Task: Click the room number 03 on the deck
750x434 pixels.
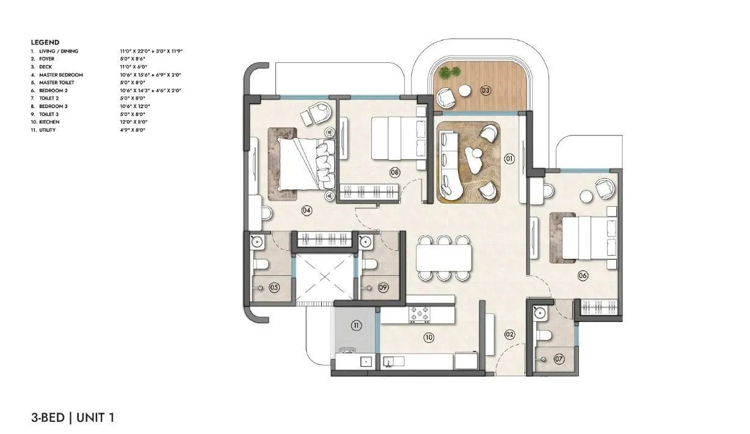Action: pos(486,91)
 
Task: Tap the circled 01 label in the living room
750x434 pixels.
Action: pos(509,159)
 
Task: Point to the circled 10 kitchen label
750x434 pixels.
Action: pos(428,336)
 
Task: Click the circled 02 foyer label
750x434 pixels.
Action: pos(509,334)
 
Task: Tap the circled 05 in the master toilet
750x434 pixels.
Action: pos(274,287)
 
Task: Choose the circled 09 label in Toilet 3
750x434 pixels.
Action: pos(384,287)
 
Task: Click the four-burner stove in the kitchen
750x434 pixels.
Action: pos(420,314)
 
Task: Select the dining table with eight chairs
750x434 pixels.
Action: pos(444,258)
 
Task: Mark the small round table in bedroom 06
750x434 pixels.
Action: pos(587,196)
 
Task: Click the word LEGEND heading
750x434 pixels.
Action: pos(45,42)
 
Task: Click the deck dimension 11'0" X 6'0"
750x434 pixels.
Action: pos(134,67)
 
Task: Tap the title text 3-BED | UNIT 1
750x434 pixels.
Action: pos(73,418)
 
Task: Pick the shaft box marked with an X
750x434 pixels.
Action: pos(325,277)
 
